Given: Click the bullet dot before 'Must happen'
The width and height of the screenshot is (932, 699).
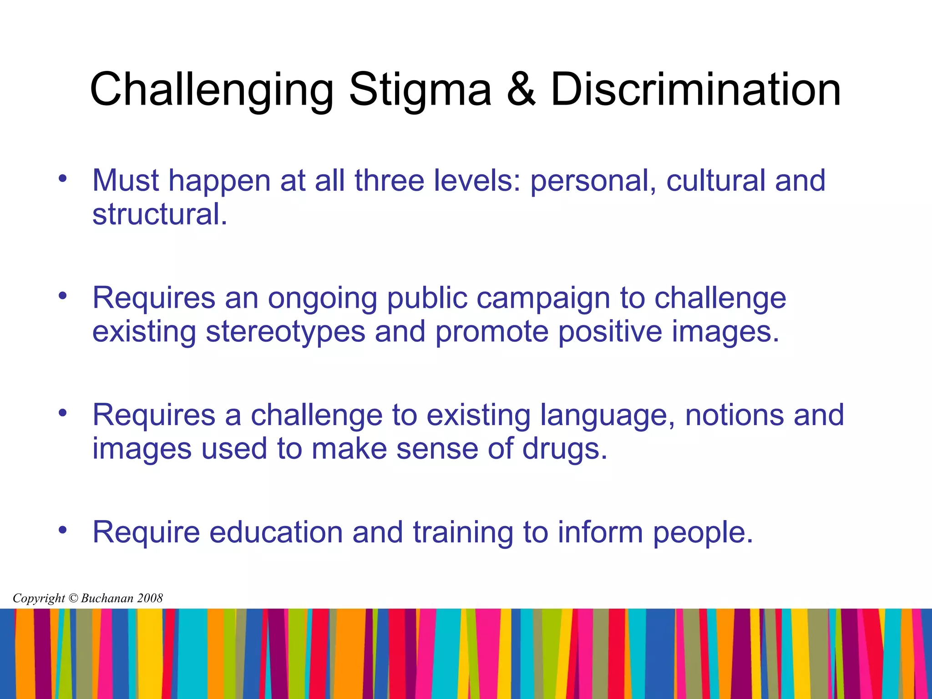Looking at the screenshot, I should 62,178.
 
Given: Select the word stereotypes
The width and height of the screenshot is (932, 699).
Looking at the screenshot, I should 285,332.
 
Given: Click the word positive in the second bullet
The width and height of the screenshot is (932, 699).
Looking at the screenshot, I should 610,332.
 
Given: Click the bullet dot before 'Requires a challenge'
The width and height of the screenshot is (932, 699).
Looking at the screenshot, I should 62,413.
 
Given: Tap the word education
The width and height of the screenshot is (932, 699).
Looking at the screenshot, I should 276,532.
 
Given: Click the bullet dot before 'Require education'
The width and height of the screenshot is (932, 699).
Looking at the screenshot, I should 62,530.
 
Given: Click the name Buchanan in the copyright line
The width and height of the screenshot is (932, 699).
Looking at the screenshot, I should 107,598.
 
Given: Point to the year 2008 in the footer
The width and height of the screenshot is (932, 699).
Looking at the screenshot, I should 150,598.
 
